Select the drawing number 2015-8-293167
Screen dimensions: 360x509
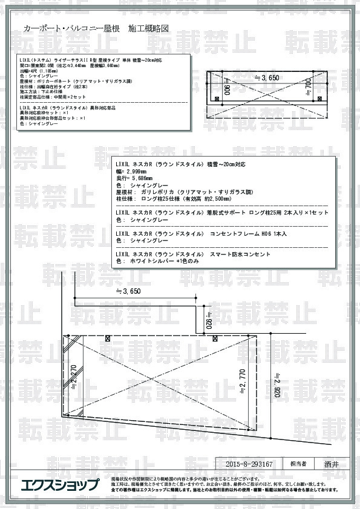tap(248, 464)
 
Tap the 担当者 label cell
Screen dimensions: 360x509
tap(298, 464)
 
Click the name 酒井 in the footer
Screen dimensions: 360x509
tap(331, 464)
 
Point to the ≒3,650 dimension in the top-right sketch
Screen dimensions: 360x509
tap(267, 78)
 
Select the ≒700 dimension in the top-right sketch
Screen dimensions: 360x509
tap(309, 91)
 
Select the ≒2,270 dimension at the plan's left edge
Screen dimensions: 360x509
tap(74, 375)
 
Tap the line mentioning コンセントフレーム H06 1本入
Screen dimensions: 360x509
tap(200, 233)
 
